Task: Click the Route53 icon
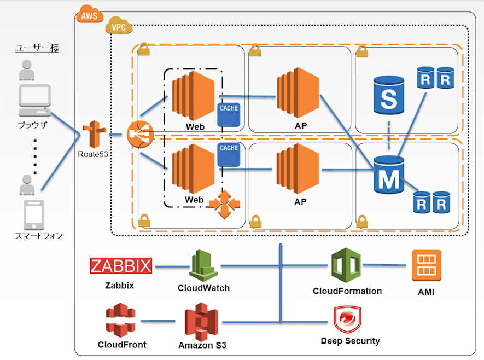point(93,134)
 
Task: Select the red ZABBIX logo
point(121,266)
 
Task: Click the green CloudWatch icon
point(203,265)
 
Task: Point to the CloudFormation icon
point(346,265)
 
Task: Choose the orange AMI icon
point(427,265)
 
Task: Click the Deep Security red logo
point(347,320)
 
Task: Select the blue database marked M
point(389,174)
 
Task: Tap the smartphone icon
point(34,215)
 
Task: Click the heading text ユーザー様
point(37,48)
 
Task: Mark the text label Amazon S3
point(202,345)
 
